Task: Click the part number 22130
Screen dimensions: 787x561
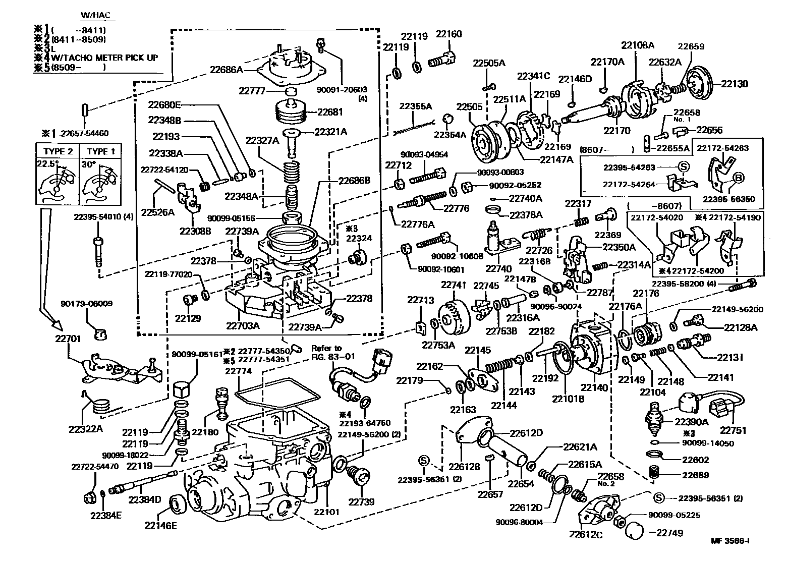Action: point(735,84)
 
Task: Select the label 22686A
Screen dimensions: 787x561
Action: point(226,70)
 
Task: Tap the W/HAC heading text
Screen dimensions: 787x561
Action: point(95,15)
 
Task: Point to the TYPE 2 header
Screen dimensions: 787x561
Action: point(58,151)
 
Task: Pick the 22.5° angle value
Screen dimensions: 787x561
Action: point(47,163)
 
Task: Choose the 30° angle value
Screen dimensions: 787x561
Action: point(89,164)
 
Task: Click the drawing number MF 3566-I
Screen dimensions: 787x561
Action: point(730,541)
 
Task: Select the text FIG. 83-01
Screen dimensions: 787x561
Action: point(333,357)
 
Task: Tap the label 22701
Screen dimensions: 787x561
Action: point(68,339)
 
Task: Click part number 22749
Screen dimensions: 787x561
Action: point(669,533)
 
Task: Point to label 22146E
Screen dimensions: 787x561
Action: point(160,526)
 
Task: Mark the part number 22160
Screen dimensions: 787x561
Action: point(448,34)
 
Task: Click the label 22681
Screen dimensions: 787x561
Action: point(330,112)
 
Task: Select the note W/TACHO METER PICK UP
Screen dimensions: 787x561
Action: point(105,58)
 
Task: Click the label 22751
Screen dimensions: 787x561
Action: point(733,430)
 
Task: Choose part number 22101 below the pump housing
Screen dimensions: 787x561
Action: point(327,512)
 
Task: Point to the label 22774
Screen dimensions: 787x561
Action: point(238,371)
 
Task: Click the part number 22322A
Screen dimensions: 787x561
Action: point(85,429)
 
